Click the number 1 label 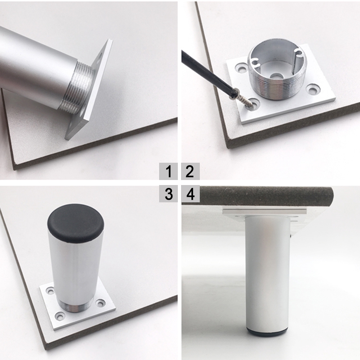coord(168,171)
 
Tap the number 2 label coord(190,171)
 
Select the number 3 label coord(168,194)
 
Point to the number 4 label coord(190,194)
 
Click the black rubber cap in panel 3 coord(76,223)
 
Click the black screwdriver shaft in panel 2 coord(207,72)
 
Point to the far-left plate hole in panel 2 coord(241,68)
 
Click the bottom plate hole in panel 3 coord(59,316)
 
